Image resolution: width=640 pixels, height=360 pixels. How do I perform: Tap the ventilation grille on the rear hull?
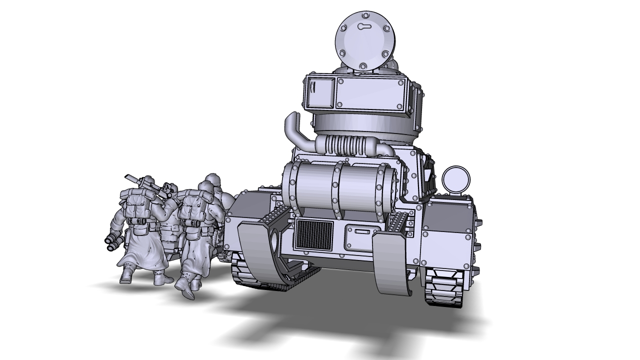click(314, 234)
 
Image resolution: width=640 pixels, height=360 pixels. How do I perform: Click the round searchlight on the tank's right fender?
click(456, 179)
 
